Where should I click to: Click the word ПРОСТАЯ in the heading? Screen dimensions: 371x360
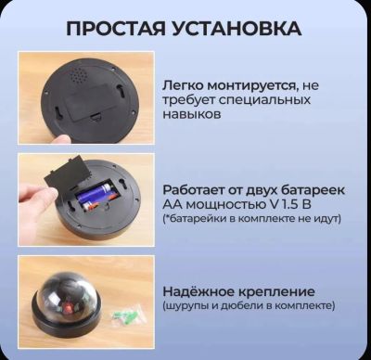point(115,29)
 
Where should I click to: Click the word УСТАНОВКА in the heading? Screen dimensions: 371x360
point(237,29)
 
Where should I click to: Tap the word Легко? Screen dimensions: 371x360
point(183,85)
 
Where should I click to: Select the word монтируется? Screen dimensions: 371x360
point(252,85)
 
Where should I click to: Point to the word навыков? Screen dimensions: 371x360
point(192,114)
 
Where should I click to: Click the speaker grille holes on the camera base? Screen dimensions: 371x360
point(77,75)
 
